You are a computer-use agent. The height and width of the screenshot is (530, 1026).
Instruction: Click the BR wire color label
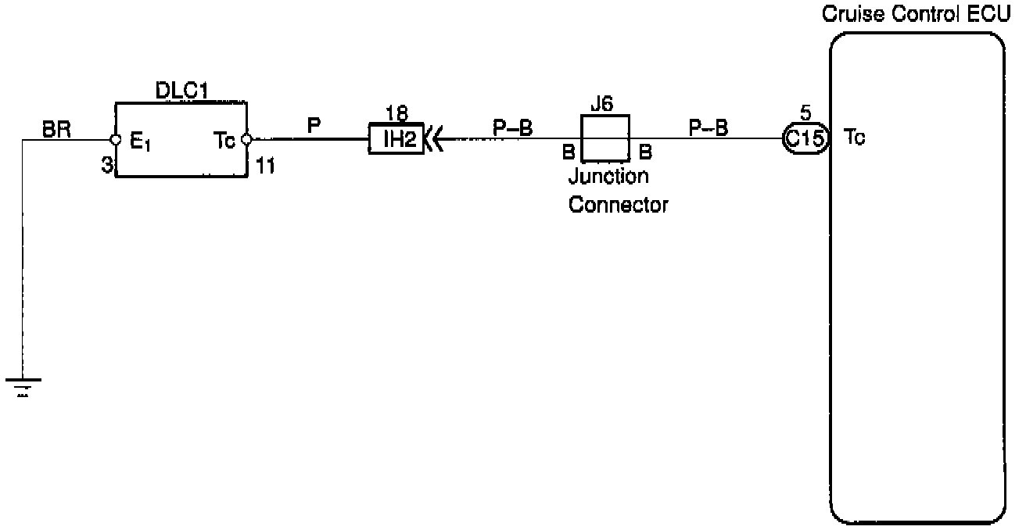pyautogui.click(x=57, y=130)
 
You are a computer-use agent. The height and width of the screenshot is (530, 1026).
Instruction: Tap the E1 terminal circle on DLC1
pyautogui.click(x=116, y=141)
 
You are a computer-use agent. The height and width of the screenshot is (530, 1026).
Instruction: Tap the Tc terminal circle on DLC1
pyautogui.click(x=246, y=141)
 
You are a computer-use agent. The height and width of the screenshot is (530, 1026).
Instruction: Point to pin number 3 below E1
pyautogui.click(x=106, y=166)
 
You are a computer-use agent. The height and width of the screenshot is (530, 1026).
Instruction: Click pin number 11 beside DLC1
pyautogui.click(x=265, y=166)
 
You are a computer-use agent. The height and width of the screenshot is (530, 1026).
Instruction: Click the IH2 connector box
pyautogui.click(x=396, y=141)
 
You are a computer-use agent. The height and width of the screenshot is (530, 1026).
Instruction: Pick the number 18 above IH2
pyautogui.click(x=397, y=114)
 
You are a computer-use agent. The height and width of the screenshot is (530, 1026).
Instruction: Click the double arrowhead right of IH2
pyautogui.click(x=433, y=141)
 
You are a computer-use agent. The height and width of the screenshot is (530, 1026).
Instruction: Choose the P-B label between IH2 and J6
pyautogui.click(x=512, y=127)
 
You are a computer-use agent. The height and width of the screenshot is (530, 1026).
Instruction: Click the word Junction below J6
pyautogui.click(x=608, y=177)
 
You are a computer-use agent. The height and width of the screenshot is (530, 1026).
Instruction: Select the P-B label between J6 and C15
pyautogui.click(x=708, y=127)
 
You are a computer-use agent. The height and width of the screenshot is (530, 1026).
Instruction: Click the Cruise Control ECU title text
pyautogui.click(x=915, y=16)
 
